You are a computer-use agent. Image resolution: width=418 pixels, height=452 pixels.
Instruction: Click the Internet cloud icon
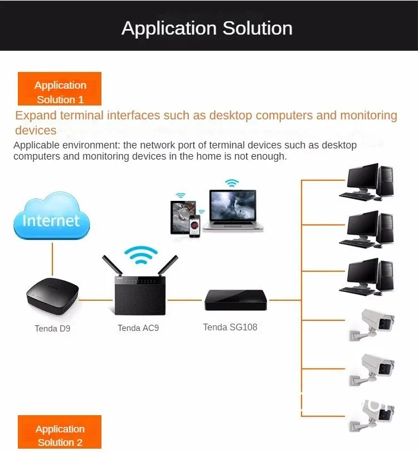[51, 216]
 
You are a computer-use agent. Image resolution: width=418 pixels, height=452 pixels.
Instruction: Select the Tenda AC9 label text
[138, 328]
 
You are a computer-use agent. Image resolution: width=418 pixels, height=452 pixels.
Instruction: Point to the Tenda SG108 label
[230, 327]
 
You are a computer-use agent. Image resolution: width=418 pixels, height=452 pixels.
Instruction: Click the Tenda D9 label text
[52, 328]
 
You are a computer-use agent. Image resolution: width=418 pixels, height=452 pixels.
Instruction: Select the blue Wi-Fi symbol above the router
[138, 254]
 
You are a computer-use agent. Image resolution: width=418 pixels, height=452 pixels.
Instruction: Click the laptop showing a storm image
[233, 210]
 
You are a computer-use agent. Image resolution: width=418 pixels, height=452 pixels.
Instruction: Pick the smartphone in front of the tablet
[195, 226]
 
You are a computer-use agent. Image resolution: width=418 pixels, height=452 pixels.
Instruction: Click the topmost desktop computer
[368, 182]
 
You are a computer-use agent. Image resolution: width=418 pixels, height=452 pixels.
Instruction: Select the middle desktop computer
[368, 229]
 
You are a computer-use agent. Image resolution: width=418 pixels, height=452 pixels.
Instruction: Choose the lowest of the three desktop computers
[368, 276]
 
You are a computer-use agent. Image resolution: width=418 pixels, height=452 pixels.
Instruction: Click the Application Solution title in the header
[207, 28]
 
